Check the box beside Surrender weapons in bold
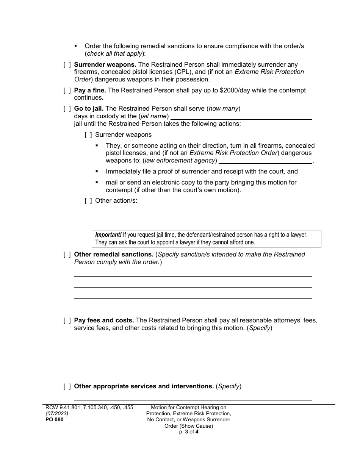coord(67,65)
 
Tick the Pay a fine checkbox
coord(67,91)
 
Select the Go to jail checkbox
coord(67,109)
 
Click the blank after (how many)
coord(277,109)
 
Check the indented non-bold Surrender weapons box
coord(88,135)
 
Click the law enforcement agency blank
coord(265,161)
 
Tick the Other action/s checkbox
coord(88,200)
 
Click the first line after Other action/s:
coord(225,201)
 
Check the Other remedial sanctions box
coord(67,255)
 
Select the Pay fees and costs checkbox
coord(67,321)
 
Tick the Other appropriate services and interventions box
coord(67,386)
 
